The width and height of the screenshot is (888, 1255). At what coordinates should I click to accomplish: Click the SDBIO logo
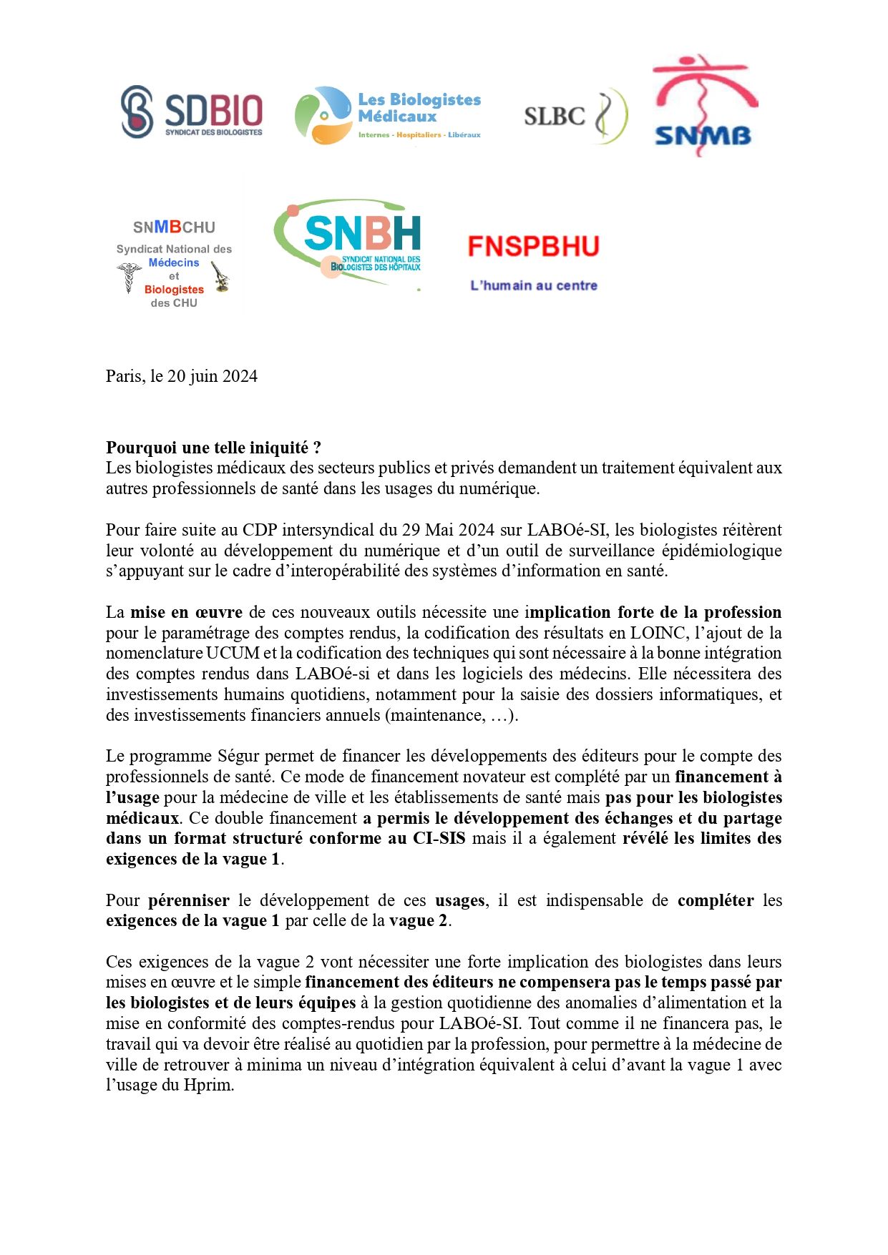point(192,112)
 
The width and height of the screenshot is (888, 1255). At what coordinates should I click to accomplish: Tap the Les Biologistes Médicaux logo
point(388,114)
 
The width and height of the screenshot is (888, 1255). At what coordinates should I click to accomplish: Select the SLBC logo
point(575,116)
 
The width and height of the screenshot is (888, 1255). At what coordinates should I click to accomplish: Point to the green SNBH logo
point(348,243)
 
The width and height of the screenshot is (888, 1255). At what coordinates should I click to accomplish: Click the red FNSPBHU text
point(533,247)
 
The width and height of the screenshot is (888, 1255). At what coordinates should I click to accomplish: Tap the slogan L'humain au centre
point(533,286)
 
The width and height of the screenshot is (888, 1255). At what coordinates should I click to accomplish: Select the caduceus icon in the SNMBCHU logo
point(129,277)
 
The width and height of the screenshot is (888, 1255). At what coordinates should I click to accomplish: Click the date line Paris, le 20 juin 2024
point(182,377)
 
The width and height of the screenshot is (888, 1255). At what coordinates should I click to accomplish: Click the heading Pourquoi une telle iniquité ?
point(213,448)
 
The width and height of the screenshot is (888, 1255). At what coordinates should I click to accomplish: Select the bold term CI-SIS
point(439,839)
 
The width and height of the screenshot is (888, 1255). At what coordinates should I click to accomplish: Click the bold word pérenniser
point(188,901)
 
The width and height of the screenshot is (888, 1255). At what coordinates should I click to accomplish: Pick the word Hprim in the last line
point(208,1086)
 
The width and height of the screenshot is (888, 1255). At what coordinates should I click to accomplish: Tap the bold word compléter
point(715,901)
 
